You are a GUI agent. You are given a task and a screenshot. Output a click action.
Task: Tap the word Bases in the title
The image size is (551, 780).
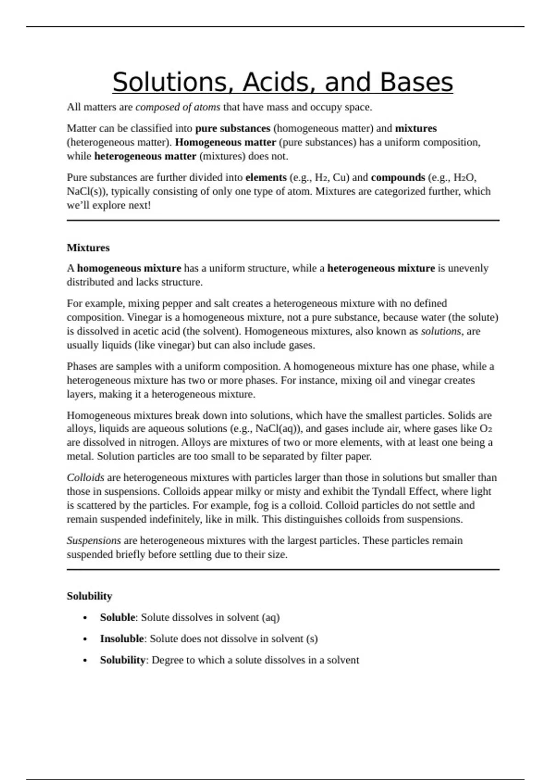tap(416, 83)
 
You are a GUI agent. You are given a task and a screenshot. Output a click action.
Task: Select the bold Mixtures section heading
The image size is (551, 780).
tap(88, 248)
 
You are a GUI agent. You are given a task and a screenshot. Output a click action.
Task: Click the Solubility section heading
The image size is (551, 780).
tap(89, 596)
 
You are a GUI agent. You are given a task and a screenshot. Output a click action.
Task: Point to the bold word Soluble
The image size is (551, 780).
tap(118, 618)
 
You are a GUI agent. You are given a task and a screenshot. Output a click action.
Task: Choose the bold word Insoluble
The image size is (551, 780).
tap(122, 639)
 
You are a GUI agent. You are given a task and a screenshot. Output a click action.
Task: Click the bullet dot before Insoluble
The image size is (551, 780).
tap(85, 639)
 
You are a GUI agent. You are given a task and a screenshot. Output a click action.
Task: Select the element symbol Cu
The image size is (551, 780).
tap(340, 178)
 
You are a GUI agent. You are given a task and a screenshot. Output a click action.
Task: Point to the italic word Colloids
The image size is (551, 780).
tap(85, 478)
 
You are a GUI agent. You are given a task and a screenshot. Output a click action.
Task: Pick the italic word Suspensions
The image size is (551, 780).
tap(94, 540)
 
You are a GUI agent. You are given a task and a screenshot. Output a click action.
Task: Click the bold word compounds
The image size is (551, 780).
tap(398, 178)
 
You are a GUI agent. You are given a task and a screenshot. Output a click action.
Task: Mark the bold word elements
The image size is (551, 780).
tap(266, 178)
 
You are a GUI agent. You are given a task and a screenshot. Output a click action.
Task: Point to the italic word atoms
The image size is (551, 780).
tap(207, 107)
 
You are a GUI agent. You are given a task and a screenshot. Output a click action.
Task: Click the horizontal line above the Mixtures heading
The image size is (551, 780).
tap(283, 221)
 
